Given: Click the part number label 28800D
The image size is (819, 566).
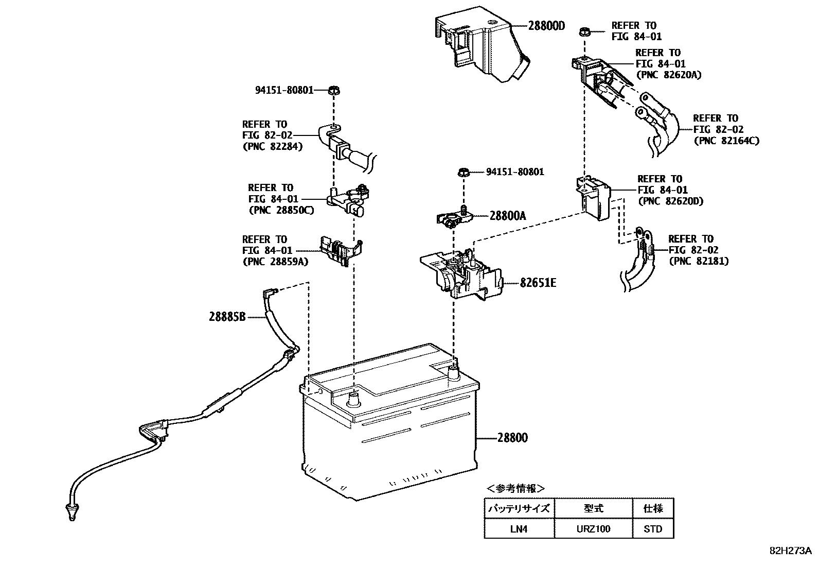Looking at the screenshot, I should (546, 25).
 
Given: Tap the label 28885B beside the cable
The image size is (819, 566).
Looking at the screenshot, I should (227, 317).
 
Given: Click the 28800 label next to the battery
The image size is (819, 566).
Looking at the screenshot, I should (512, 438).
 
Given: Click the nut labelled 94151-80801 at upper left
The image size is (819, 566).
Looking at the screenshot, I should (333, 91).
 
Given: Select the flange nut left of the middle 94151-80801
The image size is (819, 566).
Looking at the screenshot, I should (462, 172).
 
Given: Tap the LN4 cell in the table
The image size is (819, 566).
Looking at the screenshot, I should (519, 528).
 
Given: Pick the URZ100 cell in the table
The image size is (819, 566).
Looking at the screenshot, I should (593, 528).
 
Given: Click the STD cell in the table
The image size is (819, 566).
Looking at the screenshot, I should (652, 528).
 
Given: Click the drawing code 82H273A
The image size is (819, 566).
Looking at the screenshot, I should (790, 551).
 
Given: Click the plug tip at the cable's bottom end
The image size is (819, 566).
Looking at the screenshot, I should (70, 512).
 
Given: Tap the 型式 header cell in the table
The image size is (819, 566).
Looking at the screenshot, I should (593, 508).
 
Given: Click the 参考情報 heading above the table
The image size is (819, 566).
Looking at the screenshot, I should (515, 488).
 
